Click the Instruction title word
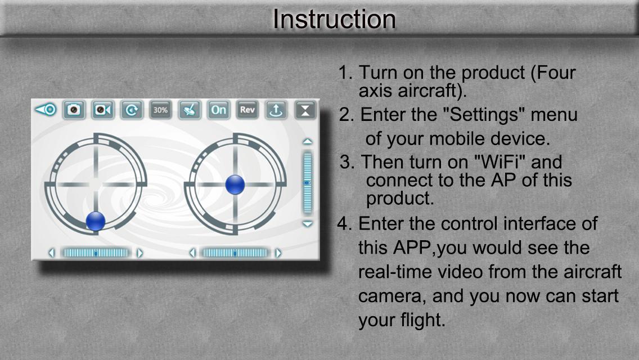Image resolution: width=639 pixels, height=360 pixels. click(x=334, y=19)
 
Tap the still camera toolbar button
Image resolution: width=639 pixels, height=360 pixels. click(x=74, y=110)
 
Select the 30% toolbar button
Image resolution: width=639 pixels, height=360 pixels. click(x=160, y=110)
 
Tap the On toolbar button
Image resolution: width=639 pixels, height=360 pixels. click(x=218, y=110)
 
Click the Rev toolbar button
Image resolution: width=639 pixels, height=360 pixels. click(x=247, y=110)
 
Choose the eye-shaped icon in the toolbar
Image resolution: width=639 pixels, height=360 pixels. click(x=46, y=110)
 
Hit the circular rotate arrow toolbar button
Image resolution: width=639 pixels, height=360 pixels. click(x=132, y=110)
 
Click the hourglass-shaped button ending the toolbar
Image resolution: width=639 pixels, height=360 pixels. click(x=305, y=110)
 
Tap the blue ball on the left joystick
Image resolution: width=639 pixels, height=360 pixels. click(x=96, y=222)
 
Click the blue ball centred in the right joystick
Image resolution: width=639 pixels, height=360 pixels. click(x=235, y=184)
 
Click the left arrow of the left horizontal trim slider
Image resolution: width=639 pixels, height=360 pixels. click(x=52, y=253)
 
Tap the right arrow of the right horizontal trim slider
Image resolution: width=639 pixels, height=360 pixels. click(x=278, y=253)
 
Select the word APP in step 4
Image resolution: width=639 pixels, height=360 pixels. click(x=413, y=247)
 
